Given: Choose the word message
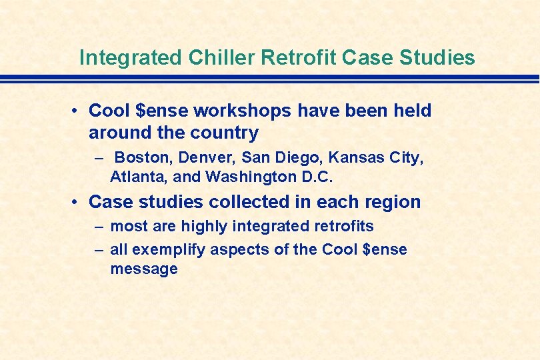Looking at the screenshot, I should (144, 269).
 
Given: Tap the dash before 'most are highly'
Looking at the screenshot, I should (99, 227).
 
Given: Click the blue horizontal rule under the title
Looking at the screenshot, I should (270, 79).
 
